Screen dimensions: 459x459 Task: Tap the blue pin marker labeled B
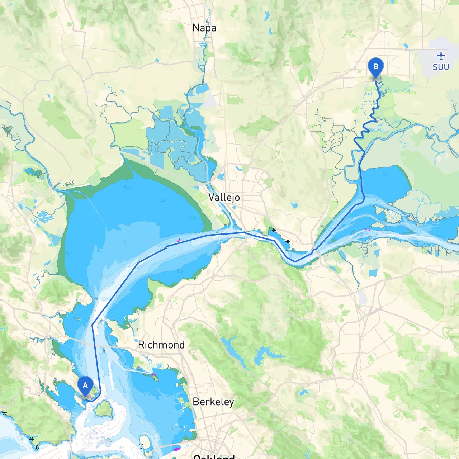pos(376,67)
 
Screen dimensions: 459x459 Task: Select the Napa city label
pos(204,28)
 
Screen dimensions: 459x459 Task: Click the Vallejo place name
pos(224,197)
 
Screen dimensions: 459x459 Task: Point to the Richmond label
pos(161,345)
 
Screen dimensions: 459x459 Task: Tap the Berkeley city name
pos(213,402)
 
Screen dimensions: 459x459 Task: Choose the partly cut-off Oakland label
pos(214,456)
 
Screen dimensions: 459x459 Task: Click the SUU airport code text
pos(441,67)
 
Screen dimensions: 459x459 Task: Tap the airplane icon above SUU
pos(441,56)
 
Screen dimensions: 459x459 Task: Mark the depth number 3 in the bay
pos(125,243)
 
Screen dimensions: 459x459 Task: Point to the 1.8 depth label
pos(180,271)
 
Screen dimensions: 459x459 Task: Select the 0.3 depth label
pos(69,254)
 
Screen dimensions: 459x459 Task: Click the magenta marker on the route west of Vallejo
pos(178,241)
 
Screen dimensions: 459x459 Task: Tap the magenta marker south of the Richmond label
pos(154,374)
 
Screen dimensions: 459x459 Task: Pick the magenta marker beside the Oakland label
pos(176,449)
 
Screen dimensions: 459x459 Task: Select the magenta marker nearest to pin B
pos(367,229)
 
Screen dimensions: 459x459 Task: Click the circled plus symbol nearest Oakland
pos(141,446)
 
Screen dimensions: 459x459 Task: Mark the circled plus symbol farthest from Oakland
pos(36,448)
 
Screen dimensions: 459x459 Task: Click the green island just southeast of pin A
pos(104,409)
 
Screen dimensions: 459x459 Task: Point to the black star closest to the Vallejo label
pos(274,230)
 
